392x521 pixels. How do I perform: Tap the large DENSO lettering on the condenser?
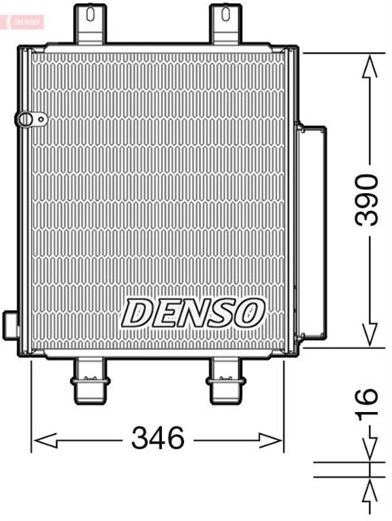(194, 311)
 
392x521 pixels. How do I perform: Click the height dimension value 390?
(369, 199)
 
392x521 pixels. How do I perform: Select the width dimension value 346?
(158, 439)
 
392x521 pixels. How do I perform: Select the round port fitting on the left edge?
(28, 120)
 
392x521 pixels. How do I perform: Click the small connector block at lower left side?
(11, 325)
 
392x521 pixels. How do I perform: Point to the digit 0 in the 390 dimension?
(369, 178)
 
